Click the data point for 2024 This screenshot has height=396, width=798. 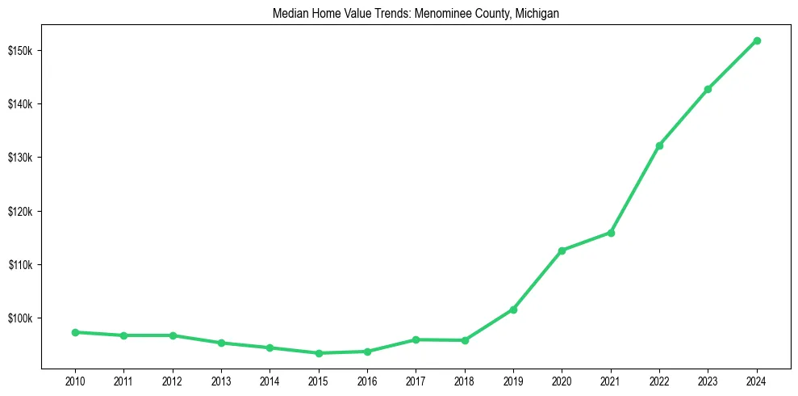click(x=757, y=40)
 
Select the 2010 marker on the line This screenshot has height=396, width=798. click(x=75, y=332)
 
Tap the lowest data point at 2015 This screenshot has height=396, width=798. click(x=319, y=353)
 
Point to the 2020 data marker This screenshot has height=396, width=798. click(x=562, y=251)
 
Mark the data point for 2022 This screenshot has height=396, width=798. click(x=659, y=145)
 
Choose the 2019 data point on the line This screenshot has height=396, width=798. click(x=513, y=310)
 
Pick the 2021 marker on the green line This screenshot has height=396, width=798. click(x=611, y=233)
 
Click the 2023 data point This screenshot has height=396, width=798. click(x=708, y=89)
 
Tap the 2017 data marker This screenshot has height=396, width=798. click(x=416, y=339)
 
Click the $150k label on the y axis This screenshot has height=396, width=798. click(x=20, y=51)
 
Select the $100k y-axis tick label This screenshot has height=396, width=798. click(x=20, y=318)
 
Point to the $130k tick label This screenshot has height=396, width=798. click(x=20, y=158)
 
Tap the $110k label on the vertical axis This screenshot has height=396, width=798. click(x=20, y=265)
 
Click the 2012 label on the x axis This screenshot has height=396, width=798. click(x=173, y=381)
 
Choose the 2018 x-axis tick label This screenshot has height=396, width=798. click(x=465, y=381)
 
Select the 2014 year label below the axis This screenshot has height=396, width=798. click(x=269, y=381)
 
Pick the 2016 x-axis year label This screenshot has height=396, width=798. click(x=367, y=381)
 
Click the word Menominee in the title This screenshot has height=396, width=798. click(x=440, y=13)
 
